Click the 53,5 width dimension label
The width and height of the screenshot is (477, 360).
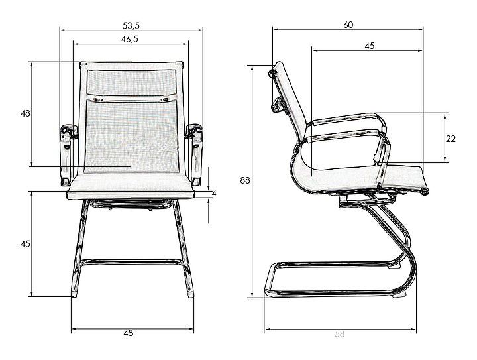[131, 26]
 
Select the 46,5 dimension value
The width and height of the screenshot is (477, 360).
[130, 39]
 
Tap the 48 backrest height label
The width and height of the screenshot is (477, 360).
[25, 113]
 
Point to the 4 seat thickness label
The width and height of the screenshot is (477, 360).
[214, 193]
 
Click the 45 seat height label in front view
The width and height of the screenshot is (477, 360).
[25, 244]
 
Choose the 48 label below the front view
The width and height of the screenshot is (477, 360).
[129, 333]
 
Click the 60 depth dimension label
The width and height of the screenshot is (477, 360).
[348, 25]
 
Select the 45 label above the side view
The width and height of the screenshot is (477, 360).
[369, 46]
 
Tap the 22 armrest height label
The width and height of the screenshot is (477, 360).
[450, 139]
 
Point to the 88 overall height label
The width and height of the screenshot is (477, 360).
[245, 180]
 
